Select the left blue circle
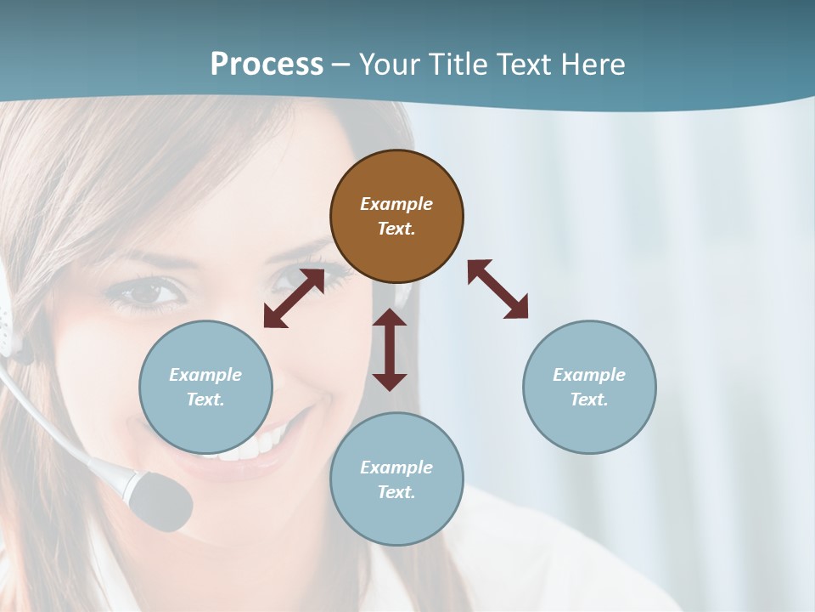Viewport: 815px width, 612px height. pos(205,387)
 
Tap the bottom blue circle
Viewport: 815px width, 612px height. pos(396,479)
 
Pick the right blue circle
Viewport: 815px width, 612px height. pos(589,387)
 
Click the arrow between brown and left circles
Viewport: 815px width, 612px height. pos(294,298)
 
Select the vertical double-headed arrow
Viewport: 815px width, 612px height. pos(390,349)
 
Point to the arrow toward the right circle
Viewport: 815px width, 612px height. pos(497,289)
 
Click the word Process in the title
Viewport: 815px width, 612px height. pos(267,65)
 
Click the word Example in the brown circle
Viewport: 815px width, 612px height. pos(396,204)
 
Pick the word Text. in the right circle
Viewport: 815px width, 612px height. pos(589,399)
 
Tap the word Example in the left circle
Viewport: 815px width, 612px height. pos(205,375)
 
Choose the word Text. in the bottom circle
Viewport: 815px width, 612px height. pos(396,492)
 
